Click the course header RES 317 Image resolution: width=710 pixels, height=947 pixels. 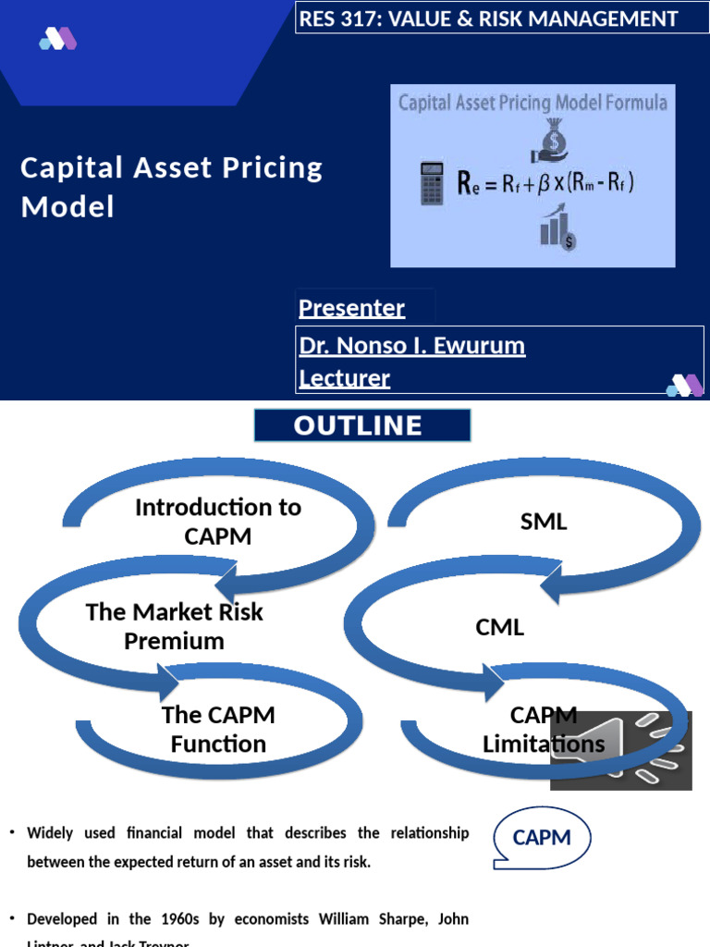(488, 18)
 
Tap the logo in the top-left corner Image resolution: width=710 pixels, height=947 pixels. (57, 39)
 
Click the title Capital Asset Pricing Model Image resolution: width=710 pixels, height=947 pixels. (172, 187)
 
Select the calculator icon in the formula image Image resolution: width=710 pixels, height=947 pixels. (432, 182)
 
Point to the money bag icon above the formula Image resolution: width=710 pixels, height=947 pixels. (555, 140)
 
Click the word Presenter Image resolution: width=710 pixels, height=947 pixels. (352, 308)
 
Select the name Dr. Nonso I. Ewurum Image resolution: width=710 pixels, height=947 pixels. (412, 346)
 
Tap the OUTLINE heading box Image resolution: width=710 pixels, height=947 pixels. (362, 425)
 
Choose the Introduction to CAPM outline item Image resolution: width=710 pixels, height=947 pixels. (218, 521)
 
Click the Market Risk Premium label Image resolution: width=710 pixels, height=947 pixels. (174, 626)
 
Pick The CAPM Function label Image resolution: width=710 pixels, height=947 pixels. (218, 729)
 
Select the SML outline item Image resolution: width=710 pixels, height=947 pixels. (544, 522)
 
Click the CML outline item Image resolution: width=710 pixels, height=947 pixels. (500, 627)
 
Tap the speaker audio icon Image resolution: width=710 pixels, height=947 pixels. (620, 750)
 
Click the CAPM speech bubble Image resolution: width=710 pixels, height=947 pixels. (543, 839)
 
